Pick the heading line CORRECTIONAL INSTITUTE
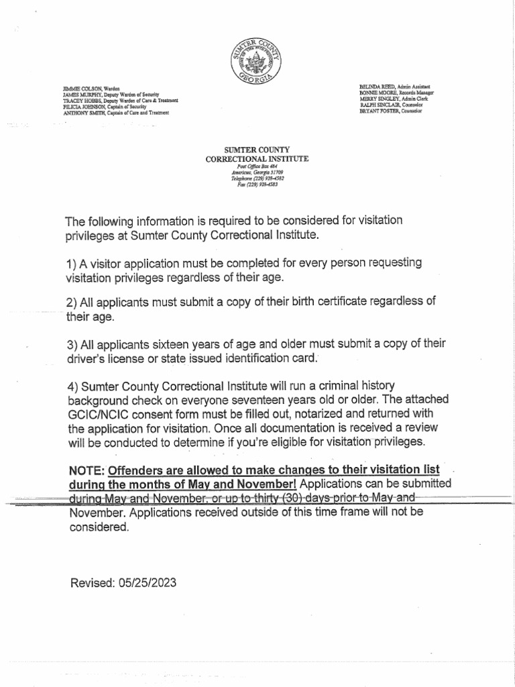point(257,158)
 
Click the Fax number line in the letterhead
point(257,184)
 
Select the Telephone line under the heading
point(257,178)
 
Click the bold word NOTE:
point(87,470)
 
